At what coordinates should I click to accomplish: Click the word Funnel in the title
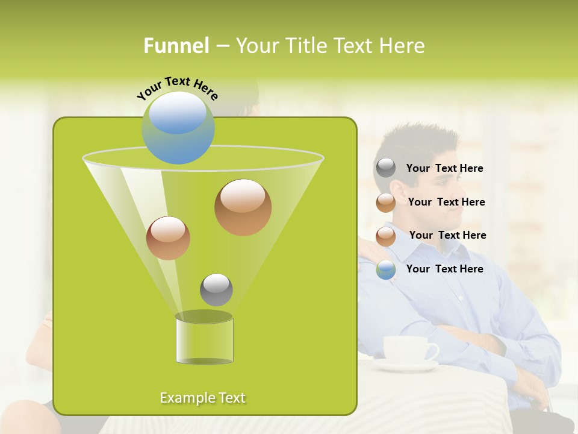176,46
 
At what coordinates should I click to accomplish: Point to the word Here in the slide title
402,46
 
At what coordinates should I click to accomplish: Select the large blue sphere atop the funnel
178,128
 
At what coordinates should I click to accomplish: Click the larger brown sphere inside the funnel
243,207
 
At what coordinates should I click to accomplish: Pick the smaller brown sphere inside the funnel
168,238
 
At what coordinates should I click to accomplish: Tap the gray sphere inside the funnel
216,290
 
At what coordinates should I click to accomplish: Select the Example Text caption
202,398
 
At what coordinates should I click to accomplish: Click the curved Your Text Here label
177,88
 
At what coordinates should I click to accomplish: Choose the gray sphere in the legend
386,168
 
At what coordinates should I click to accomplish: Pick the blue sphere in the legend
386,269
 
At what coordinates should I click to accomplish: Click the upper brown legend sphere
386,203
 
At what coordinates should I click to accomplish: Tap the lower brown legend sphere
386,236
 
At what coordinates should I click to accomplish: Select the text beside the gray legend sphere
444,168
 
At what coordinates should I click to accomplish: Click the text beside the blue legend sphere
444,269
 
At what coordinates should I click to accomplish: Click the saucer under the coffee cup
405,365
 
